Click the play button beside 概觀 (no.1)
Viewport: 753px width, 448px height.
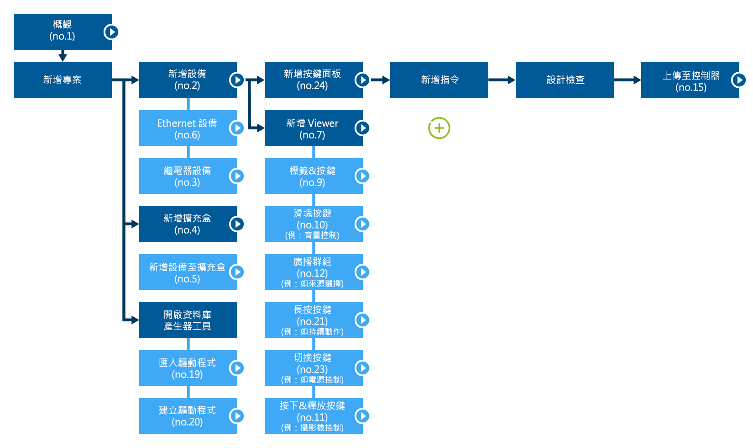112,32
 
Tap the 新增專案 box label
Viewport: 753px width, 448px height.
62,80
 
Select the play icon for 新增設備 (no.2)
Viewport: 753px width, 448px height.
237,80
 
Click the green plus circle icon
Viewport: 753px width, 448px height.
439,128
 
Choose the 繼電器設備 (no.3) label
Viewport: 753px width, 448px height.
187,176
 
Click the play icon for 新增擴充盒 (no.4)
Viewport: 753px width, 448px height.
237,224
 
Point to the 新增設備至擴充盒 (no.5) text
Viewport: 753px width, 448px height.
187,272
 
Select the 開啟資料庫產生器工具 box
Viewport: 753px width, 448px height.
187,320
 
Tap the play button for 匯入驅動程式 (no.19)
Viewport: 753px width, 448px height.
237,368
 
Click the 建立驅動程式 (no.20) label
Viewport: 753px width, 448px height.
187,416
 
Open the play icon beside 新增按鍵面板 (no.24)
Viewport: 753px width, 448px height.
363,80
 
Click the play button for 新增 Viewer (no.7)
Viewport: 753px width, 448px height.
363,128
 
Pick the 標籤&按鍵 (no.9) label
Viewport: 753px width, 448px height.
312,176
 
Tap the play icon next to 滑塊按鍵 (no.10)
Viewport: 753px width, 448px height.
363,224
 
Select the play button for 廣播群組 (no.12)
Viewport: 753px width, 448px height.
363,272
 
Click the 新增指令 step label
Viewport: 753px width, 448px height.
440,80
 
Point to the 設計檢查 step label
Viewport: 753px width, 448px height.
565,80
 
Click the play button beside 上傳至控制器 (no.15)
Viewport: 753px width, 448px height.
739,80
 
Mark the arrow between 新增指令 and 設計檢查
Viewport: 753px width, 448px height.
502,80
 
